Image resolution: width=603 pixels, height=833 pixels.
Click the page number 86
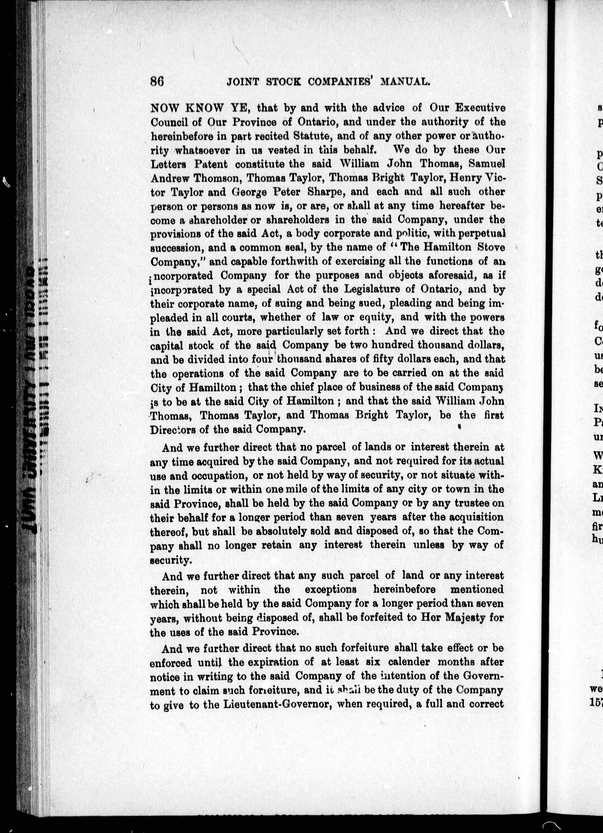coord(157,81)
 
